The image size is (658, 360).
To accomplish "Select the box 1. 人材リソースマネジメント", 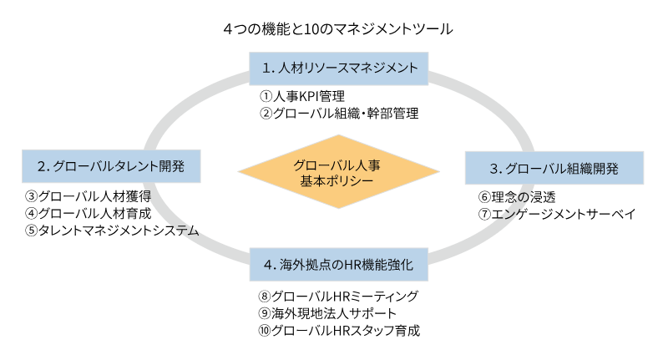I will click(x=339, y=67).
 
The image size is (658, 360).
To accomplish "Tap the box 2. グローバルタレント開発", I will click(x=112, y=165).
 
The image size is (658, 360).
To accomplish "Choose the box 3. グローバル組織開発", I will click(x=554, y=168).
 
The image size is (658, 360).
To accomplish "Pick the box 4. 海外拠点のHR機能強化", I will click(x=339, y=265).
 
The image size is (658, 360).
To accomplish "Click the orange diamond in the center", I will click(x=338, y=172).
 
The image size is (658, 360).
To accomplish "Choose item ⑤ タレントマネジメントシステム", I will click(x=112, y=230).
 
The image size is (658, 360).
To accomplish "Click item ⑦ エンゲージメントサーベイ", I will click(x=557, y=214).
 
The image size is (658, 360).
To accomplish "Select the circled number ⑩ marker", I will click(x=266, y=330).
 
